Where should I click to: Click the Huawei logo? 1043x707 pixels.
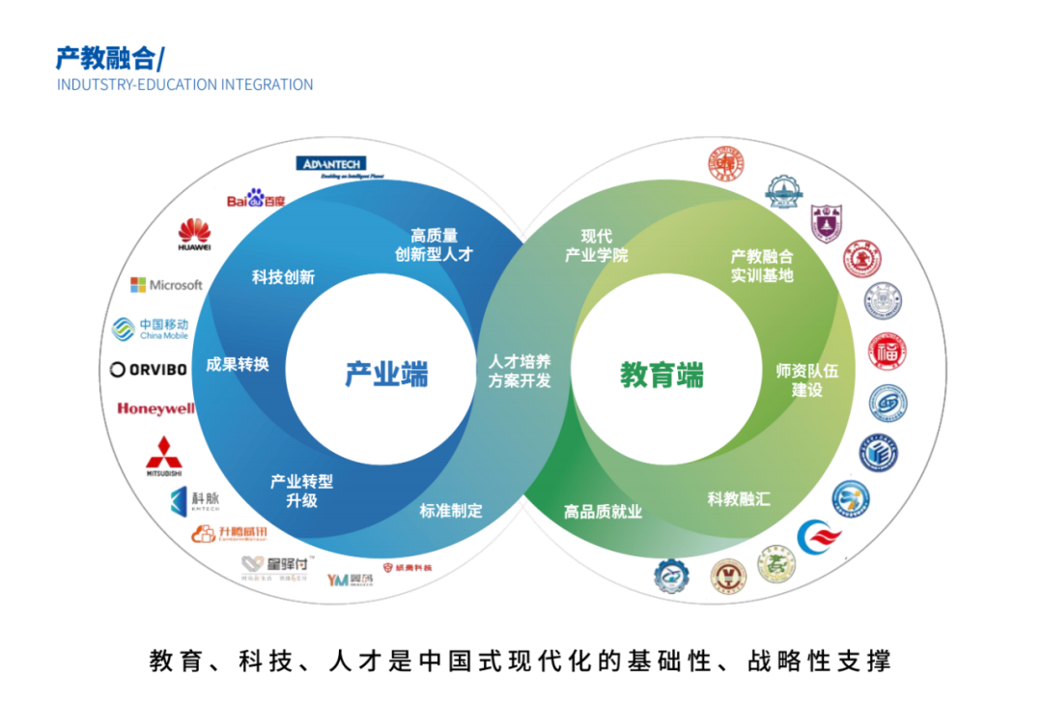click(x=194, y=235)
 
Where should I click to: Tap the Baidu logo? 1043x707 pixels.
click(x=256, y=199)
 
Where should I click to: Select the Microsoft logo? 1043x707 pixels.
click(x=166, y=285)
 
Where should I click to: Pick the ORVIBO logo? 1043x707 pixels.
click(x=149, y=369)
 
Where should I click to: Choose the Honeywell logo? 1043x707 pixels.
click(x=155, y=409)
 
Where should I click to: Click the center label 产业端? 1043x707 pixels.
click(x=386, y=375)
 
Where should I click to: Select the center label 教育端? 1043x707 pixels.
click(x=662, y=375)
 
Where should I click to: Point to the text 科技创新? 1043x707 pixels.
click(x=283, y=277)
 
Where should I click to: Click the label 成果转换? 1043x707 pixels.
click(x=237, y=365)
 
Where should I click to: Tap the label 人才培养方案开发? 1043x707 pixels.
click(x=520, y=371)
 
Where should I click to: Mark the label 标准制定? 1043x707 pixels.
click(x=450, y=510)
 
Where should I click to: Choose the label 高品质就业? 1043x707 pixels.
click(x=603, y=512)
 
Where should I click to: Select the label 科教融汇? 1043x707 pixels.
click(x=739, y=499)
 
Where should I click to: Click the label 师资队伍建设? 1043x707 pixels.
click(x=807, y=380)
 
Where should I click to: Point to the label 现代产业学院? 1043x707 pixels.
click(x=596, y=246)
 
